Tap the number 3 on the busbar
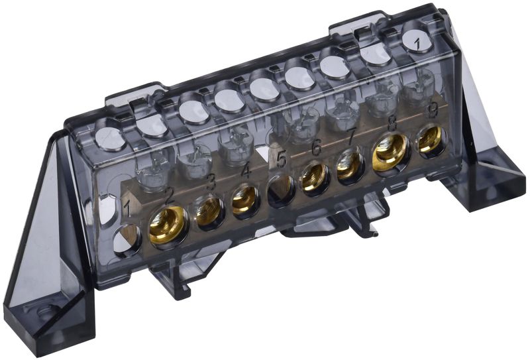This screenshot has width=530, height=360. pos(211,181)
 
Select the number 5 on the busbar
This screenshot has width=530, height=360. pos(281,160)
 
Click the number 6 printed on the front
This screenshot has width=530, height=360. pos(316,148)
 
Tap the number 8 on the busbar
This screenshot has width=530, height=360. pos(392,122)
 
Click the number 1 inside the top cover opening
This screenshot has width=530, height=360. pos(417,41)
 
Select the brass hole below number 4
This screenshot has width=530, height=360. pos(245,199)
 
